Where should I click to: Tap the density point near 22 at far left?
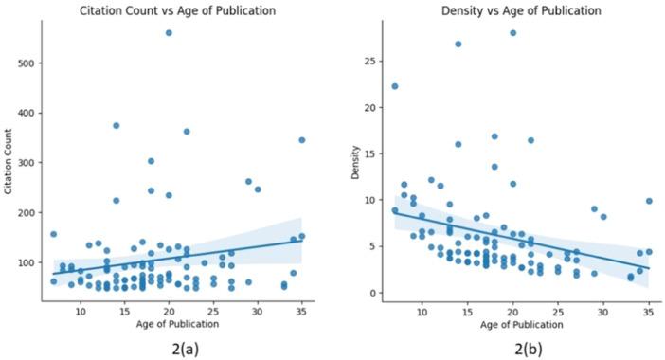click(395, 86)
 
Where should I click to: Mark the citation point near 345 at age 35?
click(302, 140)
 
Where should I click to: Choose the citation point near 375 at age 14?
click(116, 125)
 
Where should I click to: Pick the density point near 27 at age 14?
click(458, 44)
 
